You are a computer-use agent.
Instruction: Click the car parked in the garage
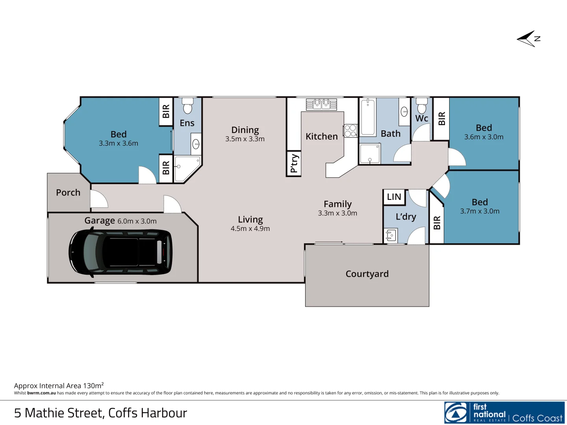click(120, 252)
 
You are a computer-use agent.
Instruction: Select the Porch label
click(68, 192)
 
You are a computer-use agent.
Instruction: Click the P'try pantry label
click(294, 163)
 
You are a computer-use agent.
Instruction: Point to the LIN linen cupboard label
click(394, 197)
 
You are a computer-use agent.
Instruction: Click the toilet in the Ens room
click(188, 106)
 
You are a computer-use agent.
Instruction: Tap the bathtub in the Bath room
click(368, 117)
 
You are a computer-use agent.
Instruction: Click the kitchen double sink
click(322, 104)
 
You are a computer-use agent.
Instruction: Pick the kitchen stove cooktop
click(350, 131)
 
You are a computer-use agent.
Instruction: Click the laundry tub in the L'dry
click(390, 235)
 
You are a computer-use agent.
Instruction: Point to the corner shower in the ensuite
click(187, 168)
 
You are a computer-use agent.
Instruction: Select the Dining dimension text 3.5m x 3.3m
click(245, 139)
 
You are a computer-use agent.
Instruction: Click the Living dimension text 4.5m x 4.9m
click(250, 229)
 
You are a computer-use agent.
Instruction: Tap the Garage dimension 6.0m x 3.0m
click(137, 221)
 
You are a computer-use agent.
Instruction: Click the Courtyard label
click(367, 274)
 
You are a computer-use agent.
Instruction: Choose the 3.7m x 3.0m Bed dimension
click(480, 211)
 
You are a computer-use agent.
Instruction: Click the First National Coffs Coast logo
click(504, 413)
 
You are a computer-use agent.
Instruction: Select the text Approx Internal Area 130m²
click(59, 386)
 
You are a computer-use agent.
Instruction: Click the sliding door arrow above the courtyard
click(329, 242)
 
